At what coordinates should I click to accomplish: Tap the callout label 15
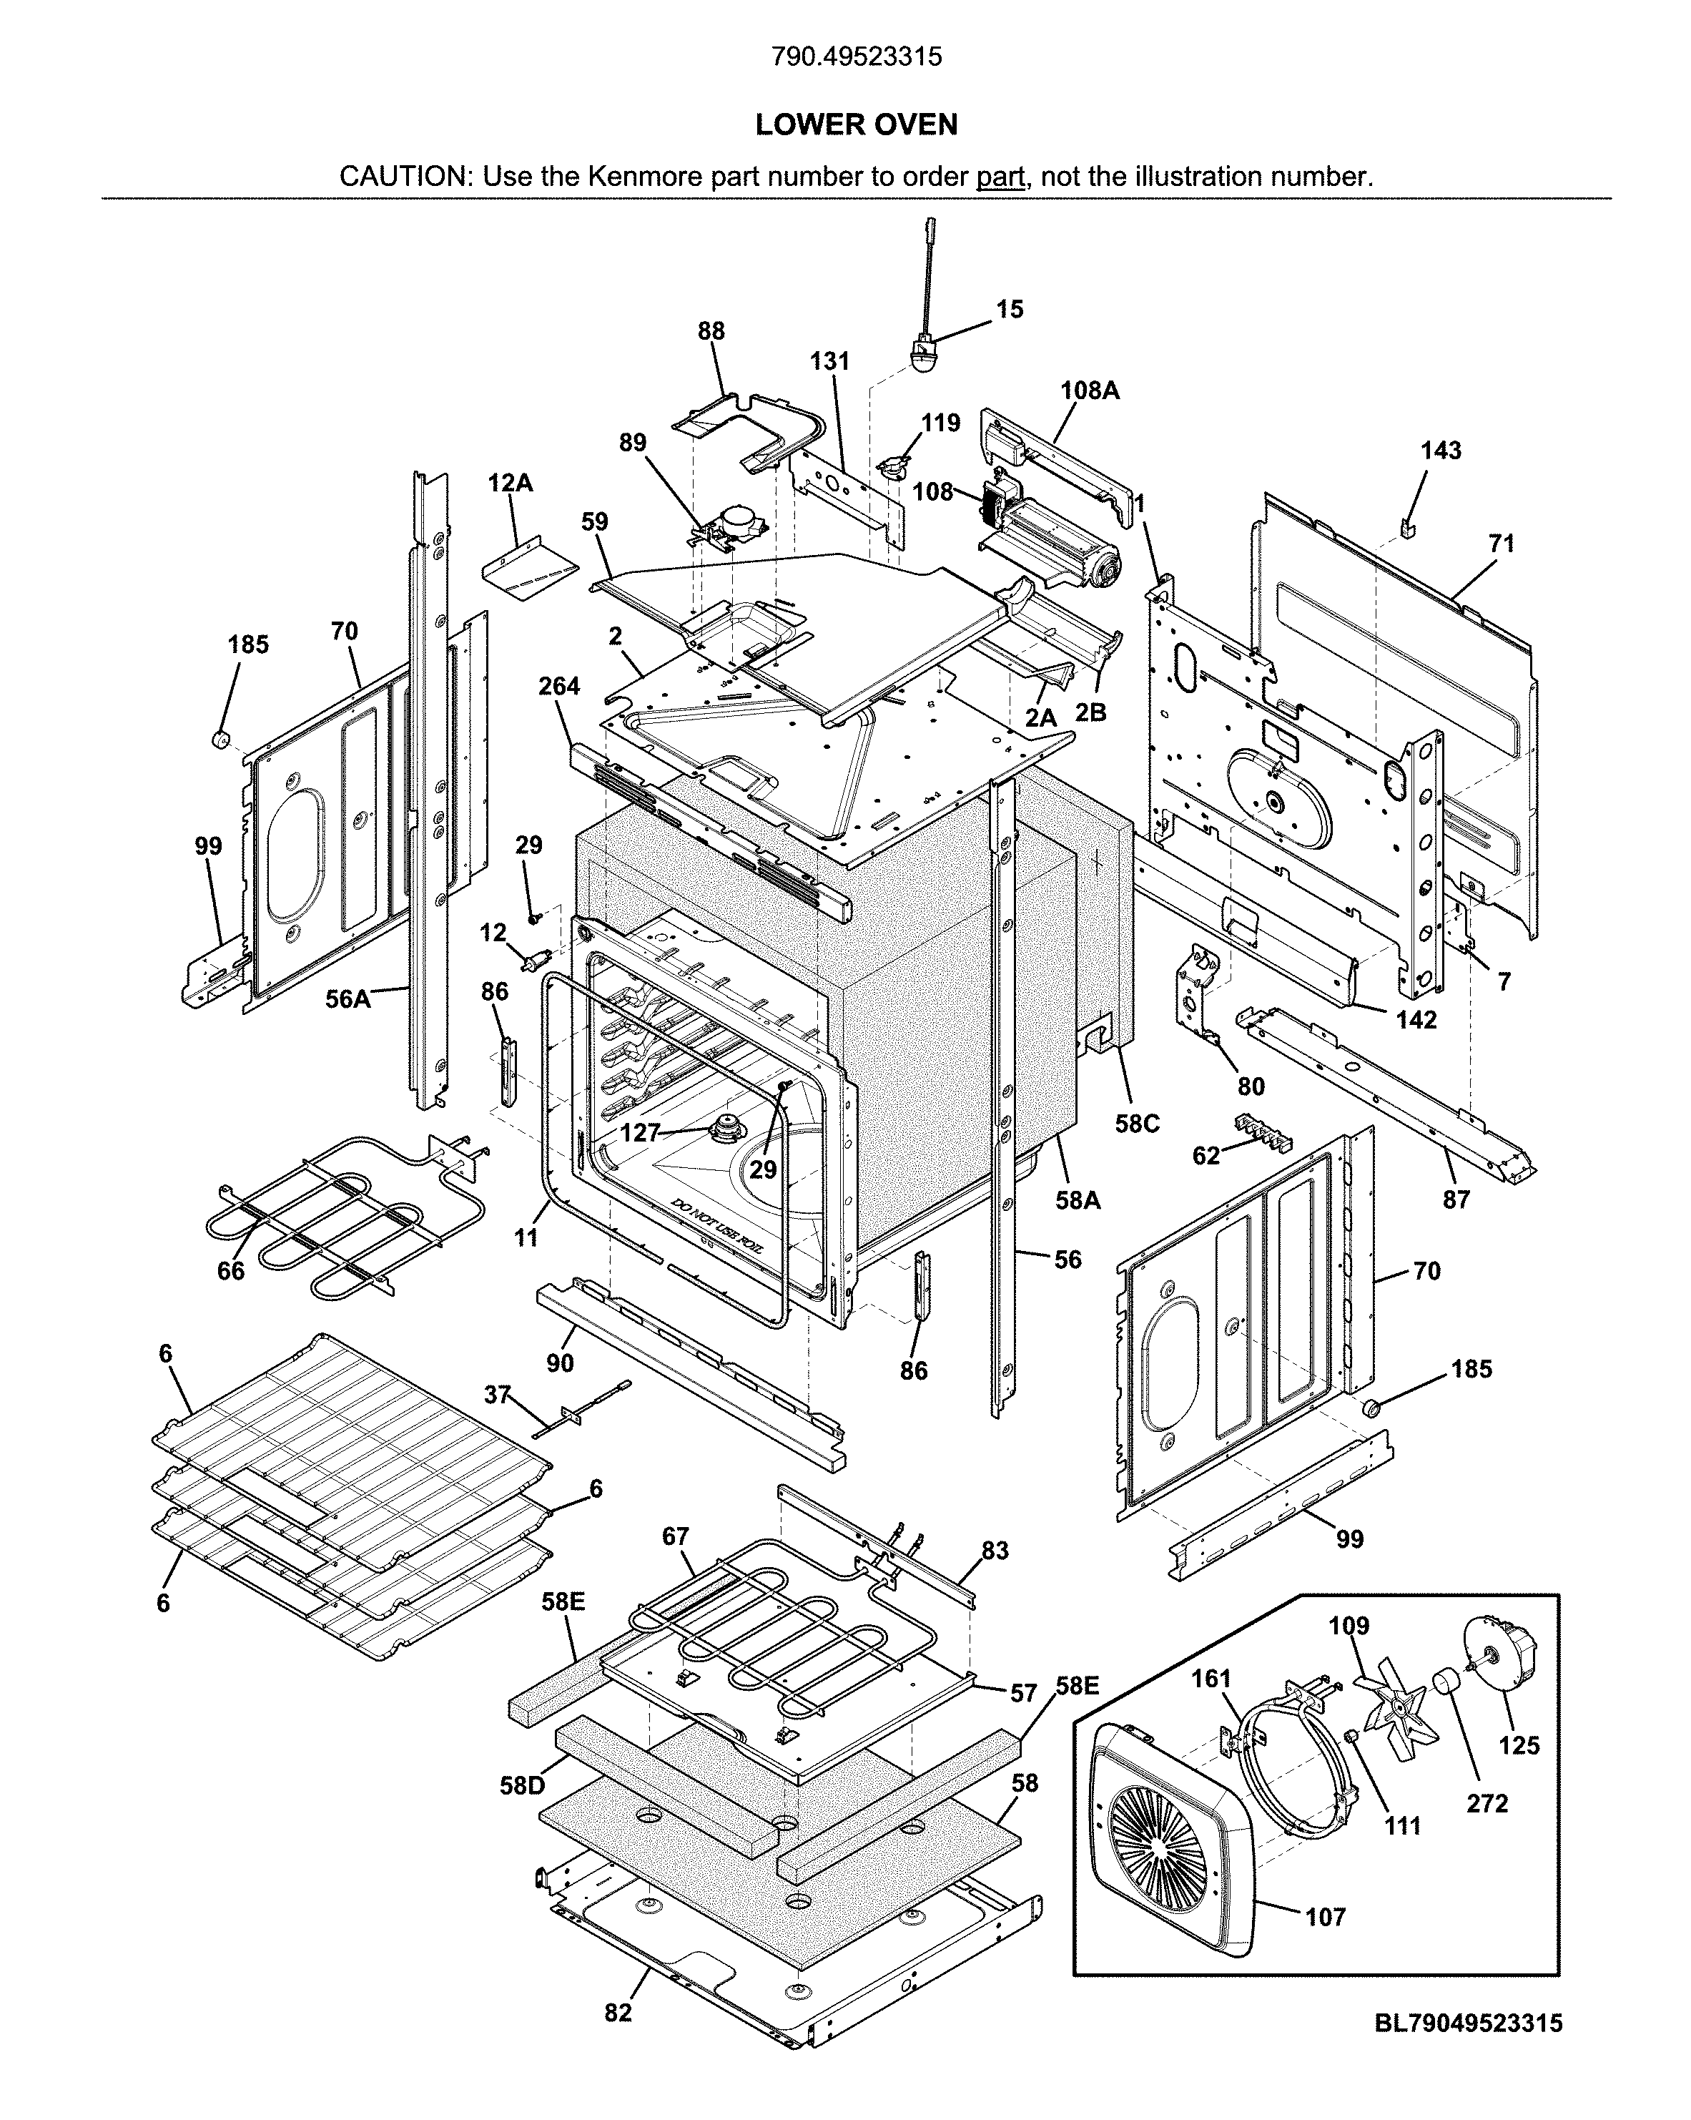coord(1010,309)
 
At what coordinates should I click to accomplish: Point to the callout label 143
coord(1440,451)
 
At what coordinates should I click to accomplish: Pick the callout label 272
coord(1487,1802)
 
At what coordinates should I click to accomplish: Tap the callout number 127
coord(640,1133)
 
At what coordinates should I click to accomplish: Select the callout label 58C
coord(1137,1124)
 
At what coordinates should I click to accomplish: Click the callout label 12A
coord(511,483)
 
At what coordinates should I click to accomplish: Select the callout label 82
coord(618,2013)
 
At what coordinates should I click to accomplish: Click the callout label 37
coord(498,1394)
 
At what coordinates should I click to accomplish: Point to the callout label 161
coord(1211,1679)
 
